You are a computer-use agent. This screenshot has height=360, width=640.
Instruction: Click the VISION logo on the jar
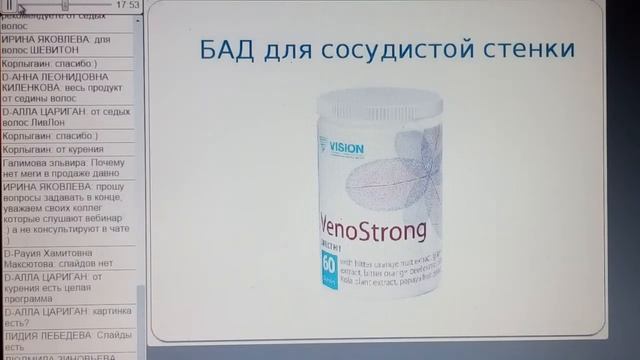click(345, 150)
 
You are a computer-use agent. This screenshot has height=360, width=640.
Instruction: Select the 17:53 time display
click(127, 5)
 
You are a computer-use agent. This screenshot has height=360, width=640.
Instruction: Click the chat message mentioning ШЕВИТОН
click(60, 46)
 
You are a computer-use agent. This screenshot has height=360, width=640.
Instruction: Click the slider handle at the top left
click(65, 5)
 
